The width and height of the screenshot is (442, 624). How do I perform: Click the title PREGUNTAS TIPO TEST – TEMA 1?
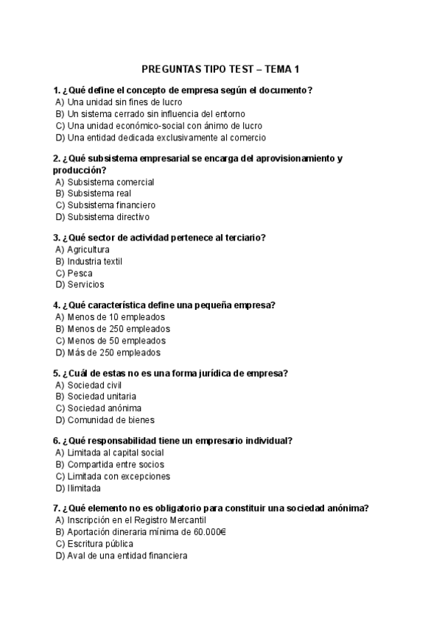[220, 69]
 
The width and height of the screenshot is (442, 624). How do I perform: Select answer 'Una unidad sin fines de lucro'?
[124, 102]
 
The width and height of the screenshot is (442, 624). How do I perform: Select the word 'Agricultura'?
[88, 249]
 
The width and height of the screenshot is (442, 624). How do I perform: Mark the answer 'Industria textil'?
[94, 261]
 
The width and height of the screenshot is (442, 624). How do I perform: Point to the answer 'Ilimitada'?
[84, 488]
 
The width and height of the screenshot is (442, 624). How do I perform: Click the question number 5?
[56, 372]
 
